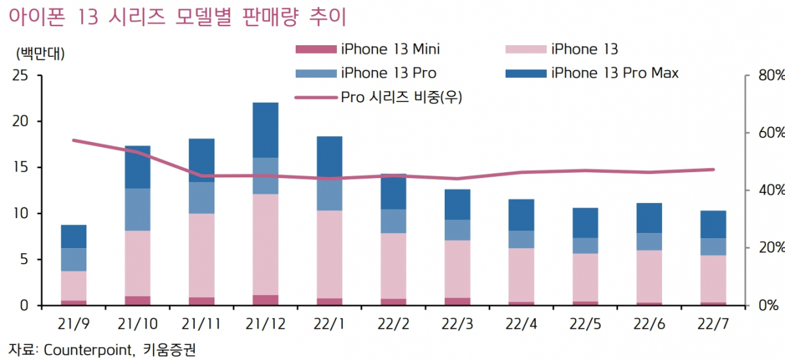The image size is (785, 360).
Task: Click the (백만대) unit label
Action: coord(39,53)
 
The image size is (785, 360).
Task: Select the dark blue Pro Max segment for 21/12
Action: coord(265,130)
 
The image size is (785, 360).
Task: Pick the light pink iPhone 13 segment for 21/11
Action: coord(201,255)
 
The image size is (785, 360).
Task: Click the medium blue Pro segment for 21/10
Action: coord(137,209)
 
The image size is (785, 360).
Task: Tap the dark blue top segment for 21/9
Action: coord(74,236)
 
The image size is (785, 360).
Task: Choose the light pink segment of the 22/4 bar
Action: coord(521,275)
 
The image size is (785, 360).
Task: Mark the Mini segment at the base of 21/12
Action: coord(265,300)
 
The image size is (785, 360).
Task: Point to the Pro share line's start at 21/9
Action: coord(74,140)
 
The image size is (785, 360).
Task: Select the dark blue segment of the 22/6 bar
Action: coord(649,218)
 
